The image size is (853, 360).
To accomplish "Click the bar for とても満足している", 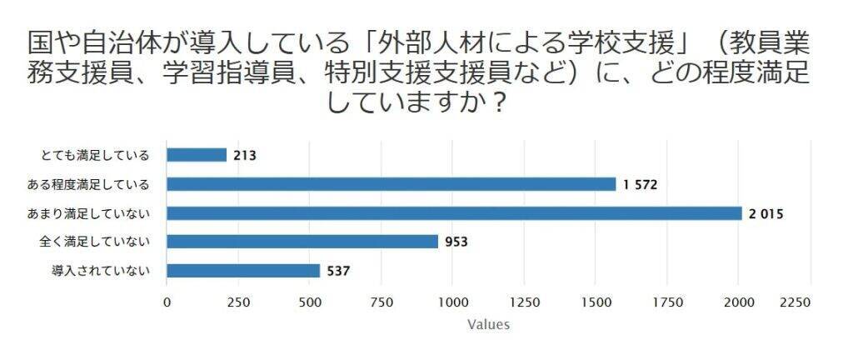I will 197,155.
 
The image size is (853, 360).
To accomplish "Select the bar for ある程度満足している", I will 392,184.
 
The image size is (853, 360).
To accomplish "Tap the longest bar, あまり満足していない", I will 454,213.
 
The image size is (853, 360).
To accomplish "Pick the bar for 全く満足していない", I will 302,242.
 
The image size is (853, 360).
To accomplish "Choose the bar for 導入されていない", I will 243,271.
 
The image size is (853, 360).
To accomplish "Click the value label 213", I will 246,155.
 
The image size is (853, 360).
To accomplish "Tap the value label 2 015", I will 766,213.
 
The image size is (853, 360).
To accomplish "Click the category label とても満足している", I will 95,155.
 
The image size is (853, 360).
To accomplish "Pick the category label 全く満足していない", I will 95,242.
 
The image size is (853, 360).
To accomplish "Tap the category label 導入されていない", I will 101,271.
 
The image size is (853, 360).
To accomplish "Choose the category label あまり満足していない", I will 89,213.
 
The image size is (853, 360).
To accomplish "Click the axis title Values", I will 488,324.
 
